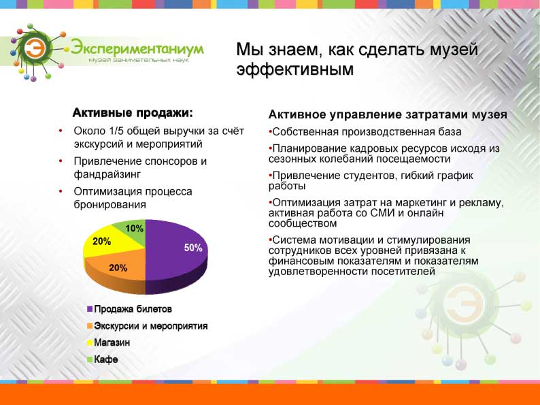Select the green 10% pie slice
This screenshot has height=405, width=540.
click(x=133, y=230)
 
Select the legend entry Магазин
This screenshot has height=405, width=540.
click(x=108, y=342)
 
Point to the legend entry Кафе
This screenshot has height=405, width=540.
click(x=102, y=359)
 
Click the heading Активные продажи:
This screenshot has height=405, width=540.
click(x=133, y=113)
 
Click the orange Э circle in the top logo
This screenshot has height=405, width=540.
click(x=35, y=48)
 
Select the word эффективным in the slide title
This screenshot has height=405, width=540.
click(x=294, y=69)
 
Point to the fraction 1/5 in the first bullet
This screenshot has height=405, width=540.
click(x=116, y=131)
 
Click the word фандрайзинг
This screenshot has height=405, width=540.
click(x=107, y=174)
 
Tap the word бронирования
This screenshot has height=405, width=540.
click(x=110, y=205)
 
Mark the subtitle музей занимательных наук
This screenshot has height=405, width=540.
click(x=139, y=61)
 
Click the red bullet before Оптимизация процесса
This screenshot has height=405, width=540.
click(x=61, y=191)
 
